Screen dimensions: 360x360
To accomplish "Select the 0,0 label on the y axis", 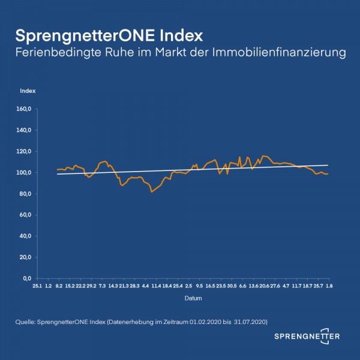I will [x=28, y=278].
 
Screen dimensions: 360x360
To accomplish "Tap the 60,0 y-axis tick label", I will [x=26, y=215].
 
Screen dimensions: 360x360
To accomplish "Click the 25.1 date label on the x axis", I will [x=37, y=287].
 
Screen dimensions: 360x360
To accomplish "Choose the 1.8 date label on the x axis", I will [x=329, y=287].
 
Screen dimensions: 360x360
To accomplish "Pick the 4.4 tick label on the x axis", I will [x=145, y=287].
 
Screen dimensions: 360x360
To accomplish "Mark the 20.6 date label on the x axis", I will [x=264, y=287].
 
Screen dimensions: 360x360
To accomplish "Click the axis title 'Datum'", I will [x=193, y=298].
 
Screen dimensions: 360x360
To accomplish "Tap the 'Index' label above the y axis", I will [x=28, y=91].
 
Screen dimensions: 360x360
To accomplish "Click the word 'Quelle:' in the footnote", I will [x=25, y=322].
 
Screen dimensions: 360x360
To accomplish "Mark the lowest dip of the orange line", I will [x=152, y=192].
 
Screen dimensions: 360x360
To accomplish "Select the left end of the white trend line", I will [x=56, y=175].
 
